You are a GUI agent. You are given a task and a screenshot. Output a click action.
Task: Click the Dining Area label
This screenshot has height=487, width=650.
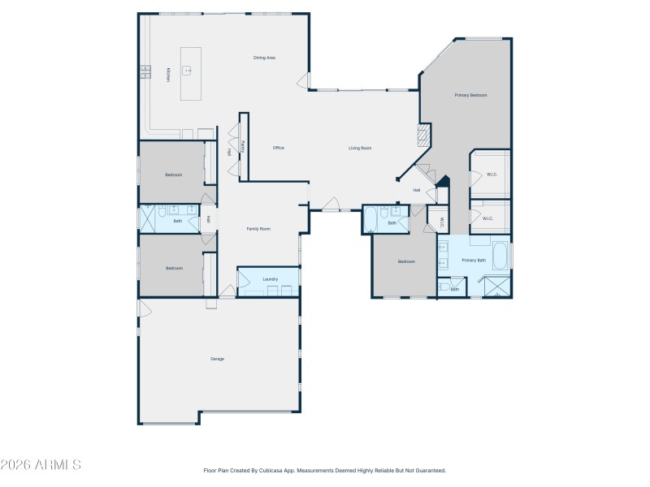point(265,58)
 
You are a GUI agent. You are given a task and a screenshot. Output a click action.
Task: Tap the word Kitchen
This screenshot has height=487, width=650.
point(168,74)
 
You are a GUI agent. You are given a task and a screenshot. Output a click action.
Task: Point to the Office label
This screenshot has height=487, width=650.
point(278,148)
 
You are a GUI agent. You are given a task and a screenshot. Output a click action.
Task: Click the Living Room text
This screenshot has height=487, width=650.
point(360,148)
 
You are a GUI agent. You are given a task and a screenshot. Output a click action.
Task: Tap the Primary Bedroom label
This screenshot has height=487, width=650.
point(470,96)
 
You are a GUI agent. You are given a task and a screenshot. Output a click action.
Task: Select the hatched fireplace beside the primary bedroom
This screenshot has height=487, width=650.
point(422,135)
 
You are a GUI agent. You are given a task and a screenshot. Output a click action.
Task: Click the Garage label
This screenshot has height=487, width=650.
point(217,359)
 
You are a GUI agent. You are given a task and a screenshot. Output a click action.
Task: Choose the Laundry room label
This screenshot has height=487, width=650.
point(271,280)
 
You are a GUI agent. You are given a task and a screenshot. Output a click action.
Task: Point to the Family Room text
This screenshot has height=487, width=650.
point(258,229)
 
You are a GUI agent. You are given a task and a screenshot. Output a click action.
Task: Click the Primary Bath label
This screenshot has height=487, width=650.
point(474,261)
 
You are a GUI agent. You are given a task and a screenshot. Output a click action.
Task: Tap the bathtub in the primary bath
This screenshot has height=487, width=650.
point(500,256)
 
